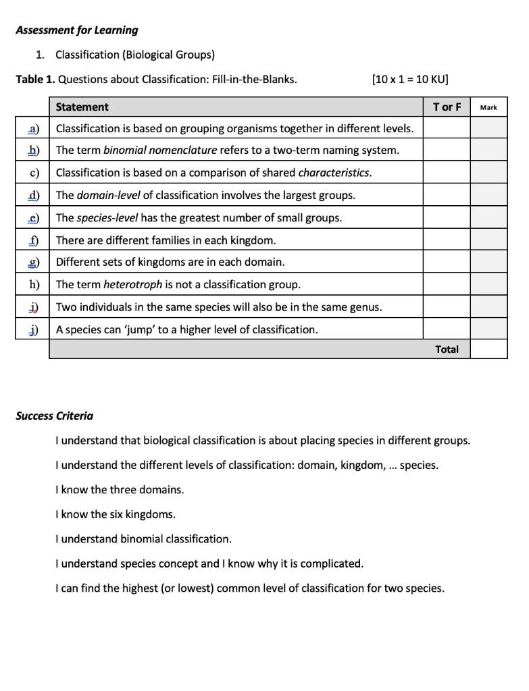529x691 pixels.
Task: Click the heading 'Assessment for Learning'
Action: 76,30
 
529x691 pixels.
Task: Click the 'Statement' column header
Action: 82,107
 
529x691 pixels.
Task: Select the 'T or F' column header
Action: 447,107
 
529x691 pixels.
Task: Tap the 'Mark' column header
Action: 488,107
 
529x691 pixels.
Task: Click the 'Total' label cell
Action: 447,349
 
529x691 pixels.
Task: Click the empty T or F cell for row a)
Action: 447,128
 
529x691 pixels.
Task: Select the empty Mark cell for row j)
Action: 488,329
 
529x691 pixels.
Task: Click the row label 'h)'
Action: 33,284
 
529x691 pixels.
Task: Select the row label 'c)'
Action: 34,173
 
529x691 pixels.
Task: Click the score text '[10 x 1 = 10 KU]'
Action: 410,79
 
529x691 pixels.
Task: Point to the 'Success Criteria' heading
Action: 55,416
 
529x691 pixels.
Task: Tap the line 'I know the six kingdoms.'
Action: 116,514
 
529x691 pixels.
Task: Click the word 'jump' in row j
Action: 141,329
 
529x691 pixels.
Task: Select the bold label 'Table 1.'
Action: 35,79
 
